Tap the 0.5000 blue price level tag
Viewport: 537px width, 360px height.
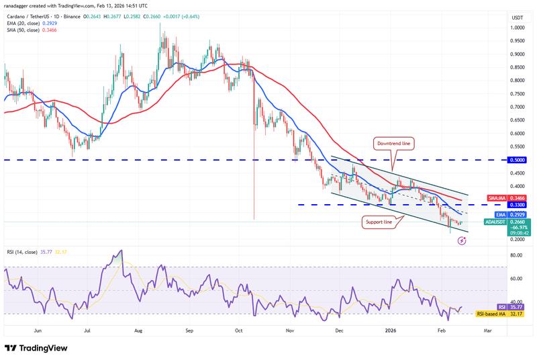tap(518, 160)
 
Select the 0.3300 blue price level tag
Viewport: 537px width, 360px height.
tap(518, 204)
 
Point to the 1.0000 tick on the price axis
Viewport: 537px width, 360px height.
tap(518, 28)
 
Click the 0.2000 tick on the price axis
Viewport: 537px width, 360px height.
tap(518, 240)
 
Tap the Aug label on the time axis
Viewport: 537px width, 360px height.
tap(138, 331)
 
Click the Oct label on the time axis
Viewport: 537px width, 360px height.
tap(240, 331)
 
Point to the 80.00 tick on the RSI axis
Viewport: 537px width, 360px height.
tap(516, 255)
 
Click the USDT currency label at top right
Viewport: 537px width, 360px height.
tap(517, 17)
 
